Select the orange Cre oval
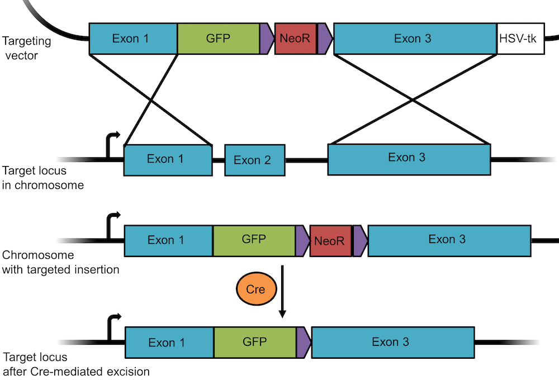tap(254, 289)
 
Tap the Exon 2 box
tap(255, 160)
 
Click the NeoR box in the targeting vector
tap(295, 39)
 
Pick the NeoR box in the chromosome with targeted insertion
tap(330, 241)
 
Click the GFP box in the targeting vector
tap(218, 39)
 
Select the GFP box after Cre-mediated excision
tap(254, 342)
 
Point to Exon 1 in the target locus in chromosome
tap(168, 159)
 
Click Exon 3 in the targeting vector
tap(415, 39)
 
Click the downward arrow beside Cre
tap(282, 291)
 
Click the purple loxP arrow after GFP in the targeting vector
tap(266, 39)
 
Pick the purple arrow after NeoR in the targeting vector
tap(325, 39)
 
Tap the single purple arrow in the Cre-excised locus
tap(302, 342)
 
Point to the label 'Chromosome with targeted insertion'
tap(60, 263)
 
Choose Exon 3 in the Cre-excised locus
tap(393, 342)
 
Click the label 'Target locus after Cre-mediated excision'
tap(76, 364)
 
